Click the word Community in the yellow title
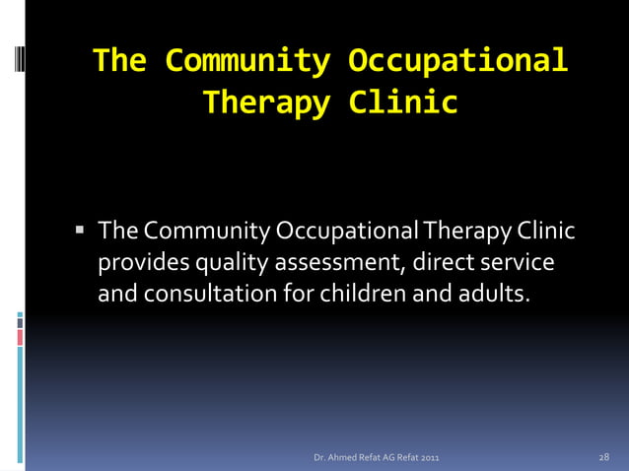coord(246,61)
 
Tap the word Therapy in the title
coord(265,102)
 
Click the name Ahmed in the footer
coord(342,458)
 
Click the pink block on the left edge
coord(20,337)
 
